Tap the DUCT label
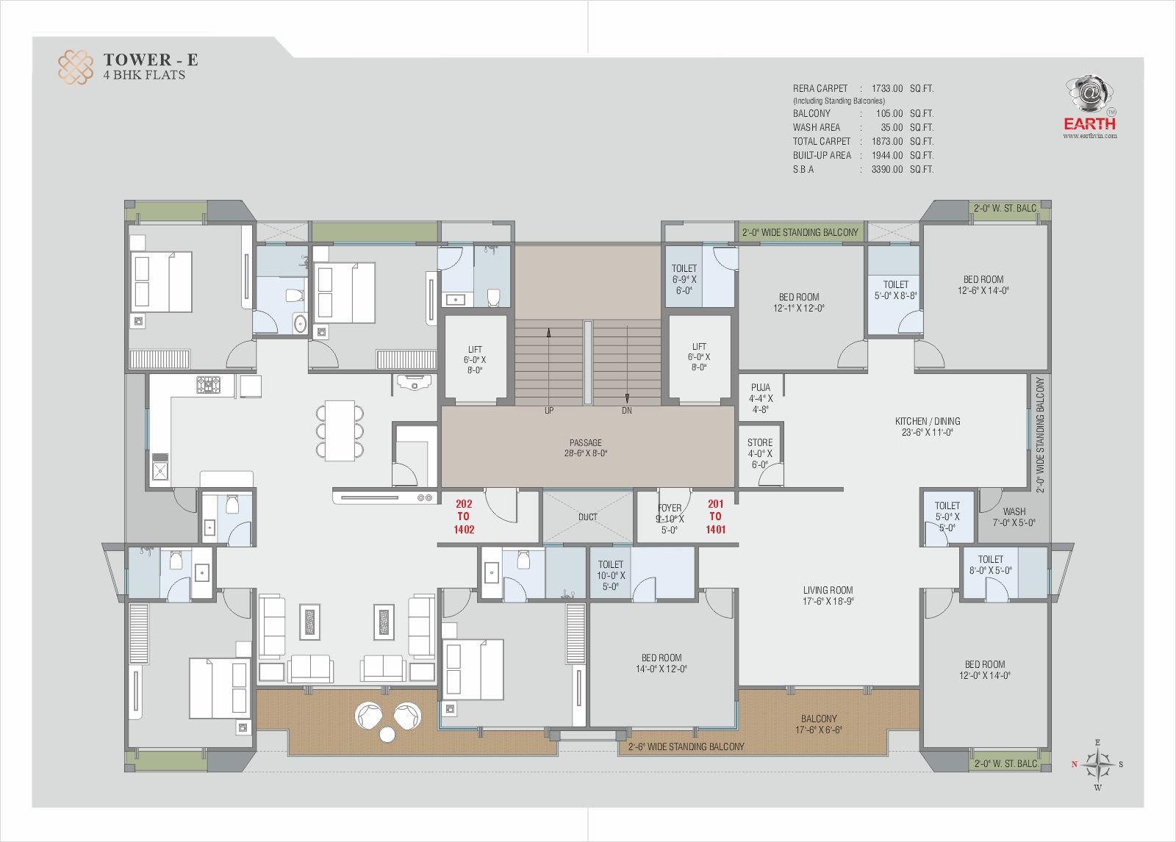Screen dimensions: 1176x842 (587, 517)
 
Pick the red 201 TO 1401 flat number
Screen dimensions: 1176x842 (716, 517)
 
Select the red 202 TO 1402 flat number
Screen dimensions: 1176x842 (464, 517)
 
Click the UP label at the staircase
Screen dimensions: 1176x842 (548, 411)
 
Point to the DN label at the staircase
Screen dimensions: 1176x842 (626, 411)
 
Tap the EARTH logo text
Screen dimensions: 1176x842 (1089, 124)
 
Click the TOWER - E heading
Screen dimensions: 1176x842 (151, 60)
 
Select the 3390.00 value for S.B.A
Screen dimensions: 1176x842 (886, 169)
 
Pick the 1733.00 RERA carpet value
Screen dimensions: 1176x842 (886, 88)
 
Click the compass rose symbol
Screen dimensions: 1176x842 (1097, 764)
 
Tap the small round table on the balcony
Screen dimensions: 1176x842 (387, 735)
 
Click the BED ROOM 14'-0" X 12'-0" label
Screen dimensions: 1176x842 (661, 663)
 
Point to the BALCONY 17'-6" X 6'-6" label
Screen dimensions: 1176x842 (819, 724)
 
